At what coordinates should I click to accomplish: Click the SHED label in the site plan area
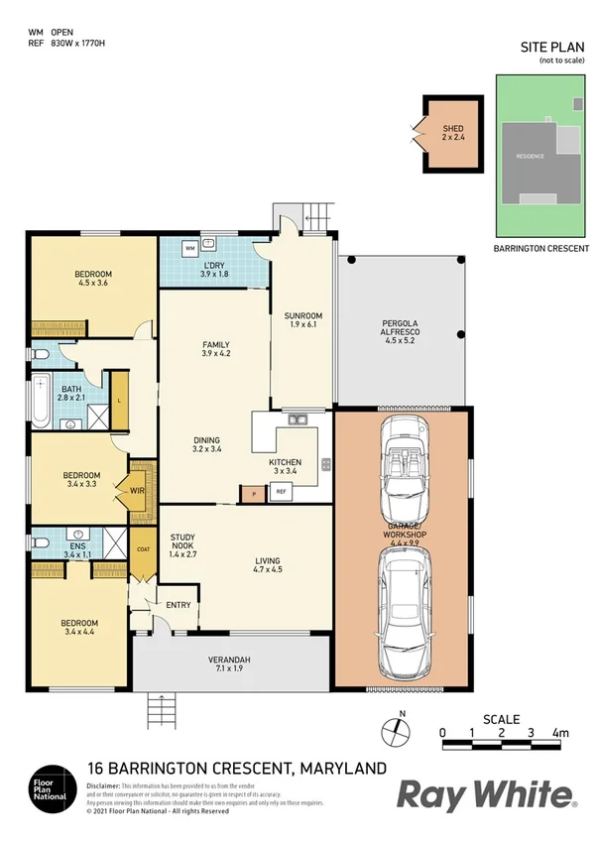pos(452,129)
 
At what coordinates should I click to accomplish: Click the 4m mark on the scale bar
pos(561,733)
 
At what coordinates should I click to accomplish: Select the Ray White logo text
pos(486,794)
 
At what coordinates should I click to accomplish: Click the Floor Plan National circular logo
pos(51,786)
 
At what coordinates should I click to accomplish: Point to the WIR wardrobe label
pos(132,488)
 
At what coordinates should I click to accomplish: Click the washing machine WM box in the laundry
pos(190,248)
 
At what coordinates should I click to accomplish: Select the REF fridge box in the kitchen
pos(281,491)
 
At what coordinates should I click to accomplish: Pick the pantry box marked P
pos(253,492)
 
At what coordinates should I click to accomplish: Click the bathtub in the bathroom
pos(41,402)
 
